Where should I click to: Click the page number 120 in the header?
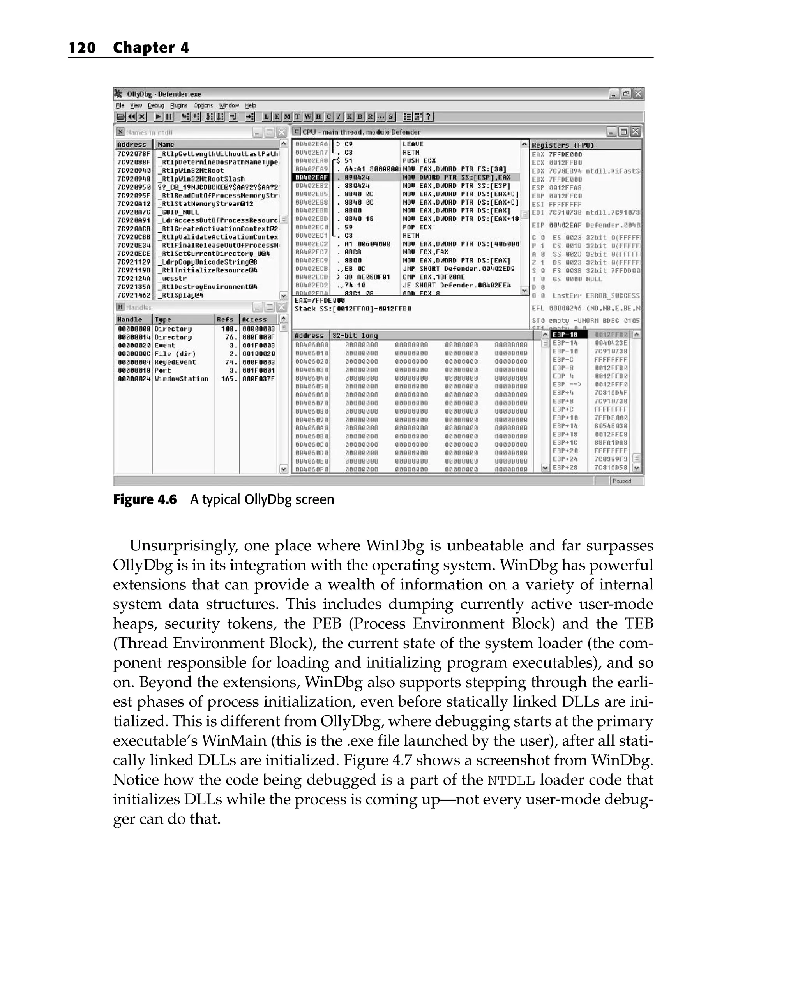coord(82,48)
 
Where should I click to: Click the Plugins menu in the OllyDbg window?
coord(178,105)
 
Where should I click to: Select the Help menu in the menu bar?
coord(251,105)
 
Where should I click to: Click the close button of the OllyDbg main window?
coord(638,94)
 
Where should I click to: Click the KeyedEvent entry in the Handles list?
coord(175,362)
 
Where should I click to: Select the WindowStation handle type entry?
coord(182,379)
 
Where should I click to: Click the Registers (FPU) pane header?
coord(563,145)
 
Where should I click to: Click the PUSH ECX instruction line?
coord(419,161)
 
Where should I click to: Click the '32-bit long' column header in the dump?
coord(355,335)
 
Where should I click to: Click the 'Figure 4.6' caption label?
coord(145,499)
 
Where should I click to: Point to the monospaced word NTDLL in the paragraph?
coord(511,781)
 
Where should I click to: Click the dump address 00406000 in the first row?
coord(311,345)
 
